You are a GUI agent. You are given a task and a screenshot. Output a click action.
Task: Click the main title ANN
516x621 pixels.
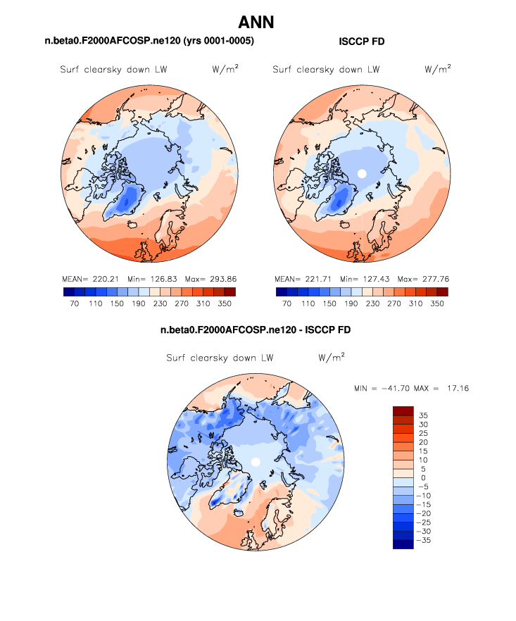click(256, 23)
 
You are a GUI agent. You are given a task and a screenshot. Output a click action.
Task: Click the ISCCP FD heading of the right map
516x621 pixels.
click(361, 42)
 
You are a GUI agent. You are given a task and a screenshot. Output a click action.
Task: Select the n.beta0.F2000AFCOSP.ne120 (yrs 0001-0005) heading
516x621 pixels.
click(149, 42)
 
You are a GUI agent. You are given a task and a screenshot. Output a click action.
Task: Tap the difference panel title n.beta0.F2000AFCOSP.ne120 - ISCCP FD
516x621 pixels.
click(256, 330)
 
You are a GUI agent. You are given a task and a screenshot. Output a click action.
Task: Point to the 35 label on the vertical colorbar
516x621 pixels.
click(424, 415)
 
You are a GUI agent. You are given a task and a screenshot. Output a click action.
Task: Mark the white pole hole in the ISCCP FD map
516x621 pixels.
click(362, 173)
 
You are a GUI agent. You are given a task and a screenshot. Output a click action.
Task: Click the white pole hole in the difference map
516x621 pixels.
click(256, 461)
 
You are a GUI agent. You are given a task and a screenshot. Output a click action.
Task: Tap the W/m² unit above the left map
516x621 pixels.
click(223, 69)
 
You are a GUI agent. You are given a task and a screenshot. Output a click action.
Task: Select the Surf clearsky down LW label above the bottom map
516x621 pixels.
click(220, 358)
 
